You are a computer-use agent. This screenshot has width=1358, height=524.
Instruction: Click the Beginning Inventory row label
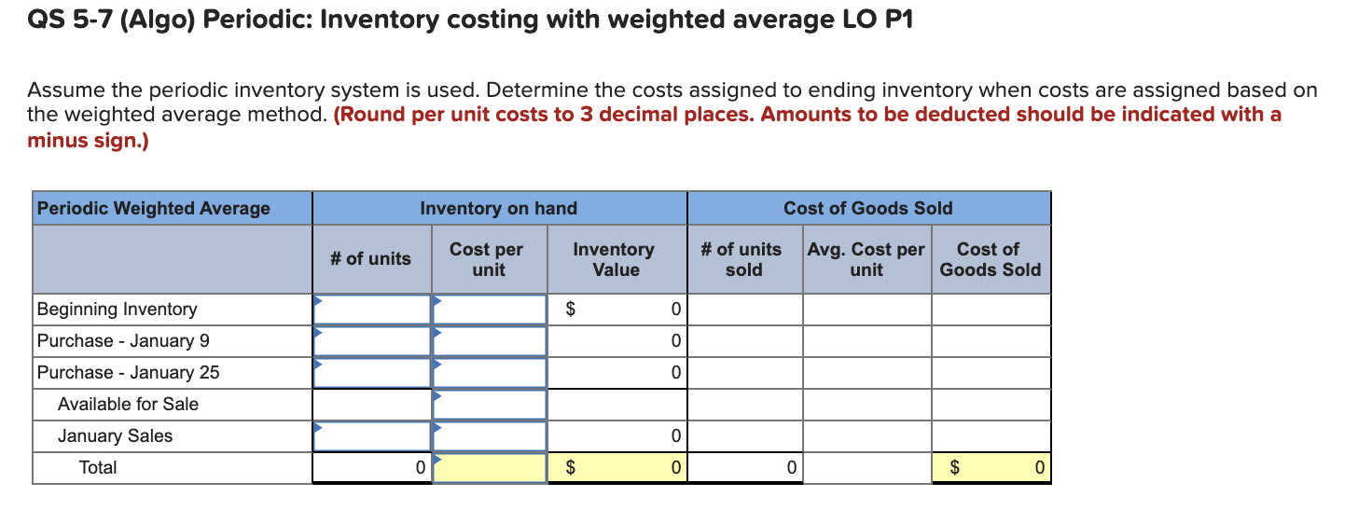(118, 310)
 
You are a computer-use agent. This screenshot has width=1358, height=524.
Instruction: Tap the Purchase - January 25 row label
(129, 373)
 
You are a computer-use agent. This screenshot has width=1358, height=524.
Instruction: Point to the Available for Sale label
(128, 405)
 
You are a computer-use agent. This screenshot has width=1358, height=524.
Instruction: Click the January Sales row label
(115, 436)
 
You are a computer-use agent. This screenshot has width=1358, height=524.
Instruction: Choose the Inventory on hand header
(499, 209)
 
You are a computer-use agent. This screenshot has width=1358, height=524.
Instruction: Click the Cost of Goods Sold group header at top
(867, 209)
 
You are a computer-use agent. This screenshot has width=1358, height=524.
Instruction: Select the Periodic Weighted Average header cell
(154, 209)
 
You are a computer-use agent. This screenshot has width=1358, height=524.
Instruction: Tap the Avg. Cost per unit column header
(866, 260)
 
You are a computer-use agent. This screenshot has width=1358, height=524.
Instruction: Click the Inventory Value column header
(614, 260)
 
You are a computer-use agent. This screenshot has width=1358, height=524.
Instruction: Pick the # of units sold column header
(742, 260)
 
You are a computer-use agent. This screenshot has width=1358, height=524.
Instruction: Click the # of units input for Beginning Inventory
(372, 310)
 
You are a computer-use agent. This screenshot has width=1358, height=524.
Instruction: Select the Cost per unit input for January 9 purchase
(490, 341)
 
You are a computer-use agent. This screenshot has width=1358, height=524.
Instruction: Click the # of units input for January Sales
(372, 436)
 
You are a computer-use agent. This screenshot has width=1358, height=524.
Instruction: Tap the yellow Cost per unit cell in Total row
(490, 468)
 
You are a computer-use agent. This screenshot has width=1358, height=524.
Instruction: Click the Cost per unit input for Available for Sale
(490, 405)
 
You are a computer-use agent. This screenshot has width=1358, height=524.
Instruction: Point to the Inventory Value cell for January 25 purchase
(617, 373)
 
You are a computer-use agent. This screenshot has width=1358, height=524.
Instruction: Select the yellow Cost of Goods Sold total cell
(991, 468)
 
